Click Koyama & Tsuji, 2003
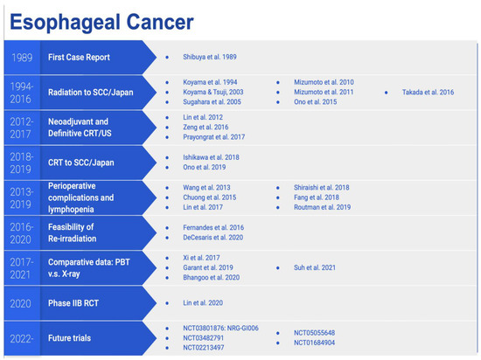[214, 90]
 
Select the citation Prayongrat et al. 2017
[215, 137]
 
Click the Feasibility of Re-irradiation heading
[84, 233]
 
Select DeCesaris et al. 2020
[213, 238]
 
